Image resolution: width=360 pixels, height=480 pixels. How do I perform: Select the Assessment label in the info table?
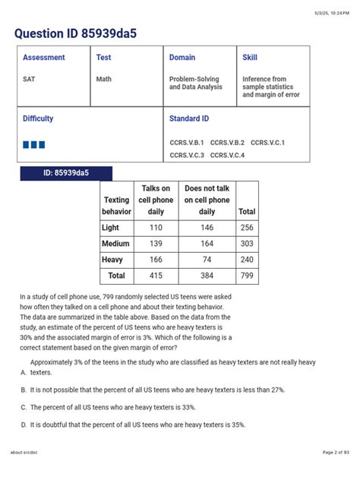[43, 58]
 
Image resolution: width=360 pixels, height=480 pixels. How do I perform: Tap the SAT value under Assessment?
[29, 79]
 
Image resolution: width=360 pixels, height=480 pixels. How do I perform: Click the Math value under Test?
[103, 79]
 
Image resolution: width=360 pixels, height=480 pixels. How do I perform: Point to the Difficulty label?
[38, 119]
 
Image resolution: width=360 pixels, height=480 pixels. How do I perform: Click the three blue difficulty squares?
[35, 144]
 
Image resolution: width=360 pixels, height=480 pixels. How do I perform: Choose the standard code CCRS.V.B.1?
[186, 143]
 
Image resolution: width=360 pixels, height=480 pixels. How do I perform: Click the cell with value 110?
[156, 227]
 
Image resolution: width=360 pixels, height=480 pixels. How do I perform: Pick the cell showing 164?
[207, 243]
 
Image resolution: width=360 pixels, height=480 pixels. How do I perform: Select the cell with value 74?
[207, 259]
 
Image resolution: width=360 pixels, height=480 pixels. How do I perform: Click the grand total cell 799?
[247, 275]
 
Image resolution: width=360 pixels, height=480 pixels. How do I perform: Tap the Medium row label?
[115, 243]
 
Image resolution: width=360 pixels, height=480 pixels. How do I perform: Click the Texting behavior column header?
[116, 206]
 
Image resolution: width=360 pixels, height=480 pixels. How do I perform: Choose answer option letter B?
[24, 389]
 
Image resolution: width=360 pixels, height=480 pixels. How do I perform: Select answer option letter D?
[24, 425]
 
